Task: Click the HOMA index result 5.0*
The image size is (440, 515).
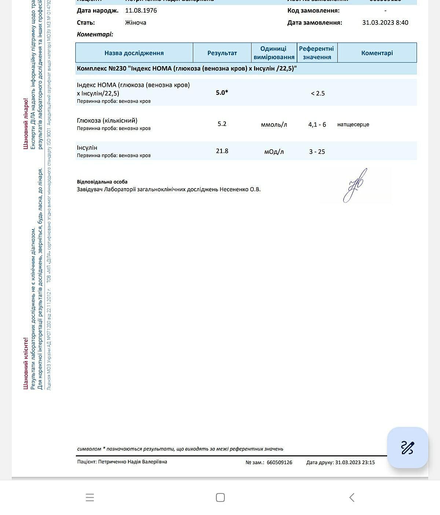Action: (x=222, y=92)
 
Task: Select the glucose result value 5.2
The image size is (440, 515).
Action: (x=222, y=124)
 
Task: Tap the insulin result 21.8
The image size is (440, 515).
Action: (x=222, y=151)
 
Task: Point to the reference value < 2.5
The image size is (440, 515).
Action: (x=318, y=93)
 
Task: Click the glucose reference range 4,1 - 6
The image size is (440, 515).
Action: (x=317, y=125)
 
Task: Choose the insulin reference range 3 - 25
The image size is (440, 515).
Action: (x=317, y=151)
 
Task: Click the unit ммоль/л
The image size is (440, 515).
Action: (x=274, y=125)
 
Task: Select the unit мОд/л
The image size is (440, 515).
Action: (x=274, y=151)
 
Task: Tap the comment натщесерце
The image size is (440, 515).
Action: (x=353, y=125)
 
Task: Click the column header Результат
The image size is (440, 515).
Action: (x=222, y=53)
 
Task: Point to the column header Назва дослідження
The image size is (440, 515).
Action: (x=134, y=53)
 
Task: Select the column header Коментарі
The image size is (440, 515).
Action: (x=377, y=53)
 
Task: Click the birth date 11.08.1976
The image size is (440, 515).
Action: (x=141, y=10)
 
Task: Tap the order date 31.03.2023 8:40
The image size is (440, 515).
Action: (x=385, y=22)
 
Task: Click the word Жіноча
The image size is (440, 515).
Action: (x=136, y=22)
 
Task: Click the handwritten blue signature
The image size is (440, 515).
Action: (x=355, y=186)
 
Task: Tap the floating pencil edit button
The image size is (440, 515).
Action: (x=407, y=448)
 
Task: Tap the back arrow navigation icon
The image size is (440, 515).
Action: (x=352, y=497)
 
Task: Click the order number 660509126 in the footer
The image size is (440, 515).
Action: (x=279, y=462)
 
